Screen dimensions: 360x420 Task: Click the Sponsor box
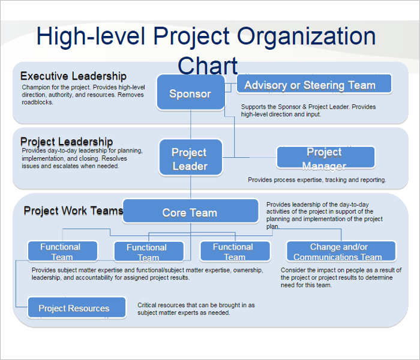tap(190, 93)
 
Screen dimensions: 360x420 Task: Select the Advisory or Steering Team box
tap(314, 85)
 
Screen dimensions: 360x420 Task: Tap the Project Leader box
tap(190, 158)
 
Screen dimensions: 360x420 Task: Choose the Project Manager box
tap(325, 158)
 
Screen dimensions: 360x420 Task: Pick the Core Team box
tap(190, 212)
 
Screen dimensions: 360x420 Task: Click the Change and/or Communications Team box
tap(341, 251)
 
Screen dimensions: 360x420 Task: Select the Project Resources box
tap(76, 308)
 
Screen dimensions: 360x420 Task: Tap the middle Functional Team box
tap(146, 251)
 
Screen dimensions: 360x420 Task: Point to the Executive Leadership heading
tap(73, 76)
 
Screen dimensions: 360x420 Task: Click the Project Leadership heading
tap(66, 142)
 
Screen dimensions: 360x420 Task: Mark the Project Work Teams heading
tap(73, 211)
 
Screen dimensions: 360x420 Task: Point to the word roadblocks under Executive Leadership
tap(37, 102)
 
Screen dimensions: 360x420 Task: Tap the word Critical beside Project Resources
tap(149, 305)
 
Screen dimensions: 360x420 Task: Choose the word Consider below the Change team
tap(293, 271)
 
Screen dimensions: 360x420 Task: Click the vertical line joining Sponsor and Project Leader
tap(191, 125)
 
